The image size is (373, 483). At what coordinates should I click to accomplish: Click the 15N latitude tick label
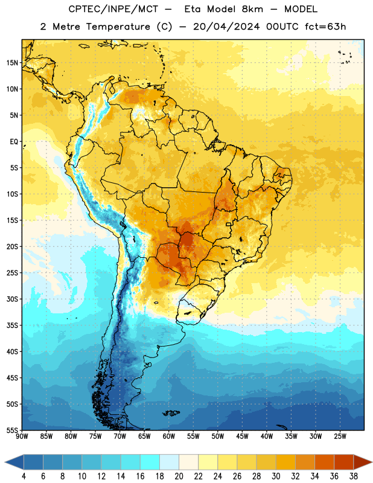tap(12, 63)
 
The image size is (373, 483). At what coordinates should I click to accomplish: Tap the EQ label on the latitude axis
tap(14, 142)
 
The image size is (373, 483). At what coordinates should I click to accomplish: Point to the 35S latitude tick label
tap(12, 325)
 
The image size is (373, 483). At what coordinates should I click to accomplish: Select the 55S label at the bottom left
tap(12, 430)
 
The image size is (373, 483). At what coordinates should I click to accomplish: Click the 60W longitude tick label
tap(169, 437)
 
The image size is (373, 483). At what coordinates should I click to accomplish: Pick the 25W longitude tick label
tap(340, 437)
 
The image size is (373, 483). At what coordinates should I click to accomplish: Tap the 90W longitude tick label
tap(22, 437)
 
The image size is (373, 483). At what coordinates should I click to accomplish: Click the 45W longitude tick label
tap(242, 437)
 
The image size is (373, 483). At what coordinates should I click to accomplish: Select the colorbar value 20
tap(179, 476)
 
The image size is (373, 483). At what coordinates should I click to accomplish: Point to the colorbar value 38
tap(354, 476)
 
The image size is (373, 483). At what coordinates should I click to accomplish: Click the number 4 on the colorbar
tap(24, 476)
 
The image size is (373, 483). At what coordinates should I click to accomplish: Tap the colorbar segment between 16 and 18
tap(150, 462)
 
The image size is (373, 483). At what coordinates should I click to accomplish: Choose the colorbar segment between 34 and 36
tap(325, 462)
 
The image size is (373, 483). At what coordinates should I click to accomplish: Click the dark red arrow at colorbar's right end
tap(362, 462)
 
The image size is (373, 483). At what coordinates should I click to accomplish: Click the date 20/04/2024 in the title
tap(226, 27)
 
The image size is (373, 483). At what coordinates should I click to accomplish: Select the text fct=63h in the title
tap(325, 27)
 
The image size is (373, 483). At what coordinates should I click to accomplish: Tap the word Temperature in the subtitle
tap(118, 27)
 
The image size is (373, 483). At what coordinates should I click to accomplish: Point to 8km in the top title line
tap(252, 9)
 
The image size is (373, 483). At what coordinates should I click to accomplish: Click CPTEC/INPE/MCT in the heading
tap(113, 9)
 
